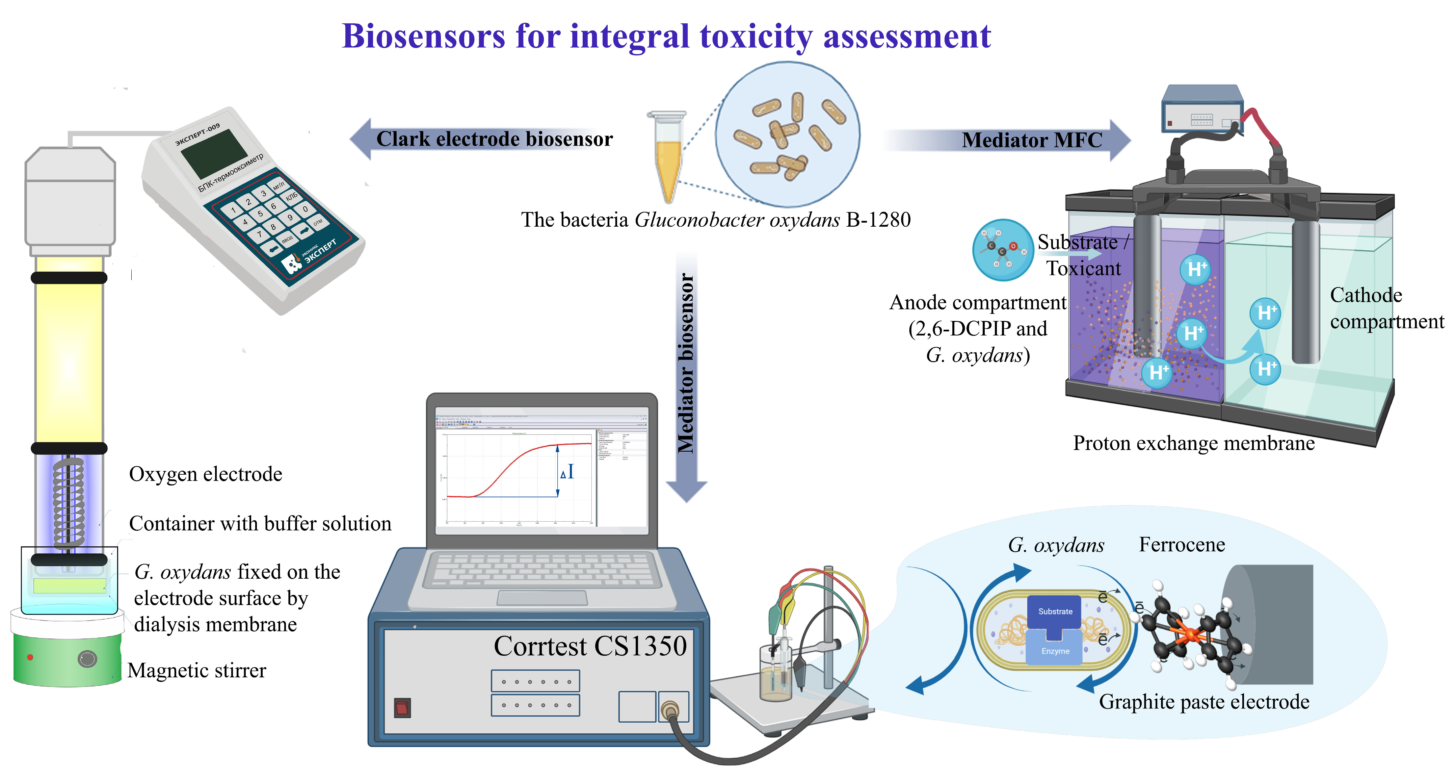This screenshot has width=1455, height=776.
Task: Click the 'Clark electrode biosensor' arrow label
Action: coord(494,139)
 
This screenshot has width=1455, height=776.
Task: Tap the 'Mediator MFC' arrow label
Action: coord(1031,140)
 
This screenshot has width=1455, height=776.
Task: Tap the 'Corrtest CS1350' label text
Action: coord(590,646)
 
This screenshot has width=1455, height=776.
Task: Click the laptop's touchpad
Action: coord(542,597)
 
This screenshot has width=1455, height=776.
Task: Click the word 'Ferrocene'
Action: coord(1182,544)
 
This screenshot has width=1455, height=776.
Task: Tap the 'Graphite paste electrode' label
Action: coord(1203,702)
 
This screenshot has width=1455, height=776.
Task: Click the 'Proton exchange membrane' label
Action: coord(1193,443)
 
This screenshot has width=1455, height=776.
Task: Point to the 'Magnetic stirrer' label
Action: coord(196,670)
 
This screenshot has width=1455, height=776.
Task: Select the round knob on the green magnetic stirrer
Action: coord(87,659)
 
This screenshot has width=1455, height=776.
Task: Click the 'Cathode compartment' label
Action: coord(1385,308)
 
